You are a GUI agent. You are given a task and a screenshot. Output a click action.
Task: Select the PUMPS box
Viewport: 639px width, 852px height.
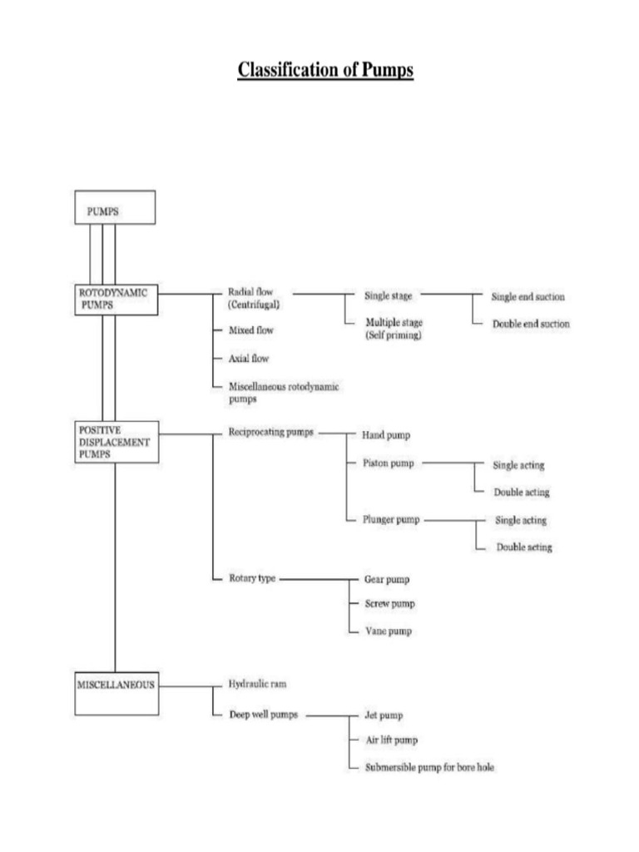(x=115, y=207)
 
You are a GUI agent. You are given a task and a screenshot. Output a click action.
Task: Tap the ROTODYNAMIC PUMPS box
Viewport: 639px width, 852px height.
(x=115, y=300)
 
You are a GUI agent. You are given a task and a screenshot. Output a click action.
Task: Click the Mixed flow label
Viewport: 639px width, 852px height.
(x=250, y=331)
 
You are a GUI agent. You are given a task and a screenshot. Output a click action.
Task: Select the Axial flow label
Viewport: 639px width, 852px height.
(x=248, y=359)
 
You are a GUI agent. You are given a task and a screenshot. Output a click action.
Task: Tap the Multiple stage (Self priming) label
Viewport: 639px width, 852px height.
(x=394, y=328)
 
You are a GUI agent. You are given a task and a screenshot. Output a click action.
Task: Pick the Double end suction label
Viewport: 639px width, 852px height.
(x=531, y=324)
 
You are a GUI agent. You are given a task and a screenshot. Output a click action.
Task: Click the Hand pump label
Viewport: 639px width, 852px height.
(x=386, y=435)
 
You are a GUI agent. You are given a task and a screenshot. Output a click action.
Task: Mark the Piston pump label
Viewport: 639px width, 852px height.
(x=389, y=463)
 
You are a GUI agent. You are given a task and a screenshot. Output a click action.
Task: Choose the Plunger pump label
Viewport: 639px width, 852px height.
(x=392, y=520)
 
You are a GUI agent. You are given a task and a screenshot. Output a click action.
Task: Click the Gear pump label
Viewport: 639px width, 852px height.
(x=387, y=578)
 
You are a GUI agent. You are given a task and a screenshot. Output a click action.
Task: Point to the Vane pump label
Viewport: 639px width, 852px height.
(x=388, y=632)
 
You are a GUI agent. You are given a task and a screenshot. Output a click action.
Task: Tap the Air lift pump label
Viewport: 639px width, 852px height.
(x=391, y=740)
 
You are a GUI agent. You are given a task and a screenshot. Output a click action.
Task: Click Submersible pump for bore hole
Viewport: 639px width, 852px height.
(x=428, y=767)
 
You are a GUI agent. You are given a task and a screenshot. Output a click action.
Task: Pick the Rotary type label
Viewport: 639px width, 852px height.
(x=252, y=577)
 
